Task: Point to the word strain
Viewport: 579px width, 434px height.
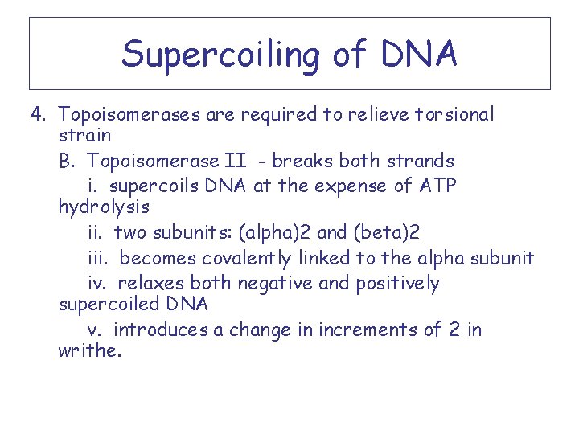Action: (84, 135)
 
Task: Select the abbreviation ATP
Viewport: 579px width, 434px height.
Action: (437, 186)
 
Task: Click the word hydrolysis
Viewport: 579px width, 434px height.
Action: (104, 207)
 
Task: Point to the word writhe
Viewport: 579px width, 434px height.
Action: (89, 351)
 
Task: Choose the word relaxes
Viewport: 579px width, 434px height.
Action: (151, 283)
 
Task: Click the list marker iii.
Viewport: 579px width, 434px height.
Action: (99, 258)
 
